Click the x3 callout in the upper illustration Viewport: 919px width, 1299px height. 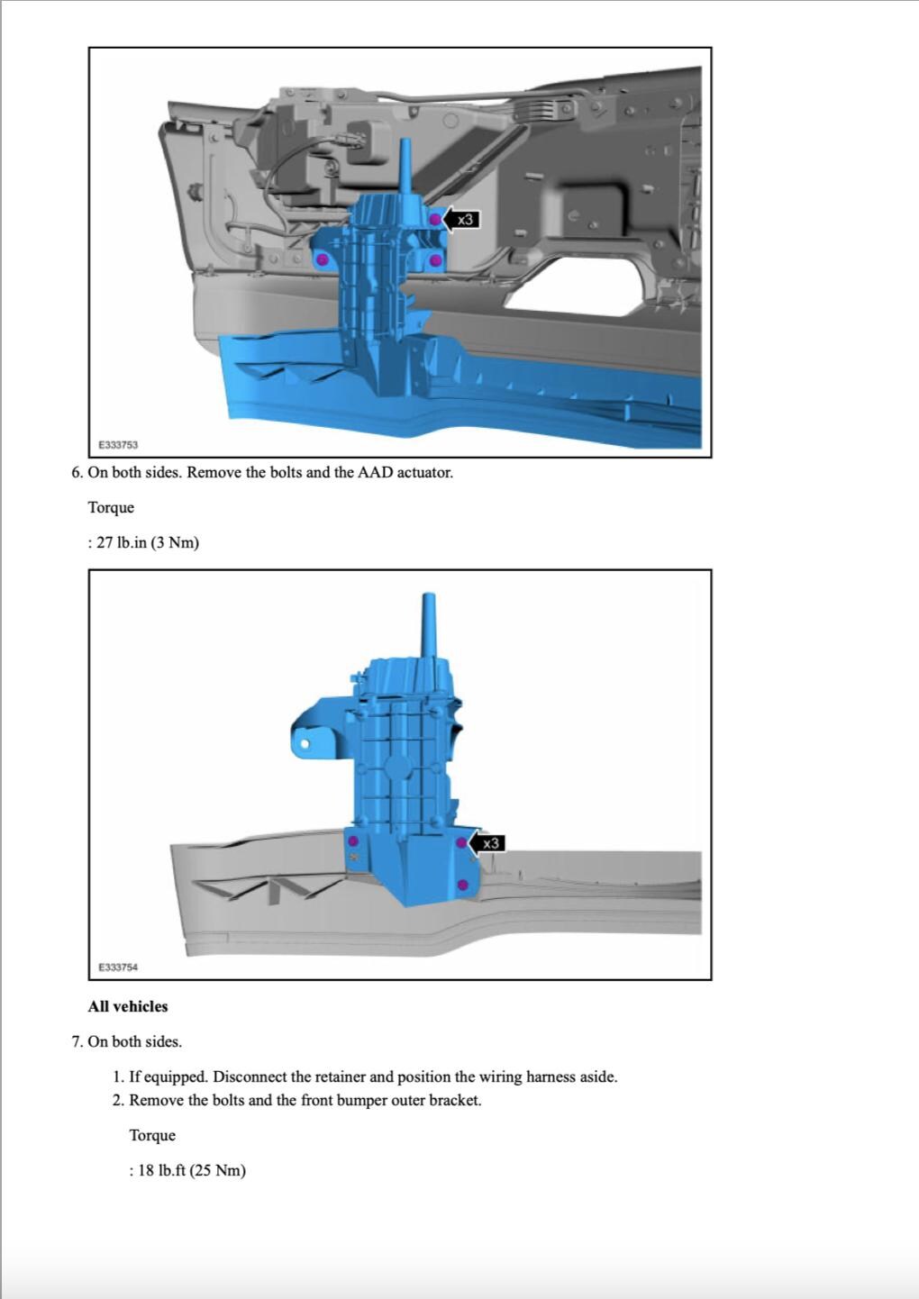coord(464,219)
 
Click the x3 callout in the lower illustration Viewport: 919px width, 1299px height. coord(489,843)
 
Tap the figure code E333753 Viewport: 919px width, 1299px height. coord(118,445)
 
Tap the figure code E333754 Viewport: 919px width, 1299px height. coord(118,967)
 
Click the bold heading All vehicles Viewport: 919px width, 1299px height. coord(128,1006)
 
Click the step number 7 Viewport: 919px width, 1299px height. coord(77,1041)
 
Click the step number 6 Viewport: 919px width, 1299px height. coord(77,472)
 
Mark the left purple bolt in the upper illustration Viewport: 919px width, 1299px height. coord(323,259)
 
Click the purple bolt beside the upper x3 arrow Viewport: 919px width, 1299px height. coord(434,219)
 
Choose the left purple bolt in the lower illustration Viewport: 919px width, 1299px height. coord(352,841)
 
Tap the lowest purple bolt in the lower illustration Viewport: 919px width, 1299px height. coord(462,886)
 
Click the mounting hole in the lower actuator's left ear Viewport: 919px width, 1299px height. coord(305,744)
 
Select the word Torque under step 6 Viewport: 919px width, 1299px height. coord(111,507)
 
